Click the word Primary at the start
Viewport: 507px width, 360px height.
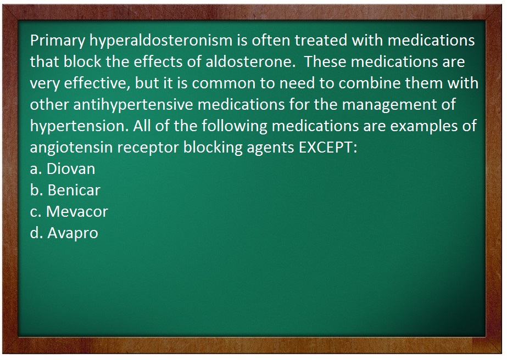[58, 41]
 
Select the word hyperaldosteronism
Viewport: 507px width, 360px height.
[161, 41]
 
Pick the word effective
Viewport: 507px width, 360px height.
[97, 83]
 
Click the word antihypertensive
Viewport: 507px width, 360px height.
[133, 105]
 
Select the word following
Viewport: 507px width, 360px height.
[235, 126]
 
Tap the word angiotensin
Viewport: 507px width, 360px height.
[71, 148]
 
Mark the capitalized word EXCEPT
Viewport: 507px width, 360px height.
[328, 148]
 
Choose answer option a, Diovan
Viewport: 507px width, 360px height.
[63, 168]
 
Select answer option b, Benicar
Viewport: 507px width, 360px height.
[65, 190]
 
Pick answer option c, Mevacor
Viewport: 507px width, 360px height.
[69, 211]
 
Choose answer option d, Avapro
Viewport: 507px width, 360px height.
[64, 233]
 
